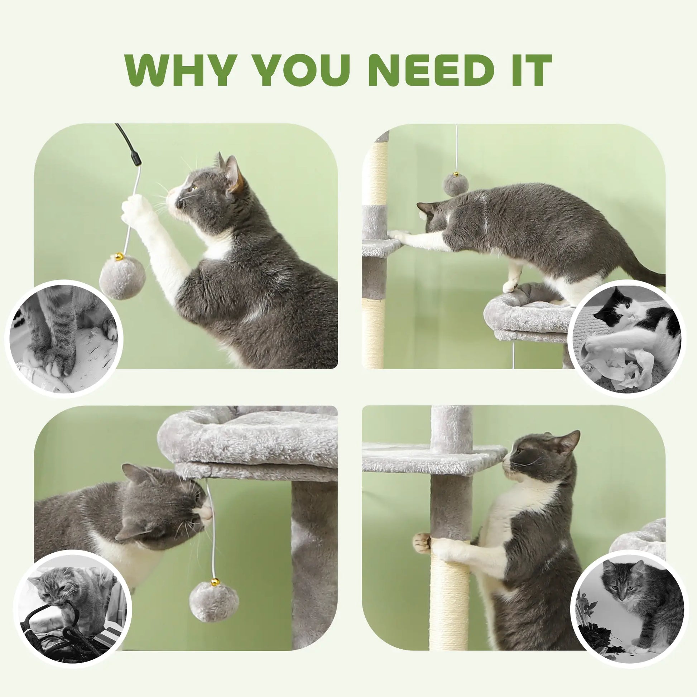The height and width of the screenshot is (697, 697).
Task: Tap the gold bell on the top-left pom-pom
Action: click(119, 257)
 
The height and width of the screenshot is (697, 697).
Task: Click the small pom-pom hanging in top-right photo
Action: click(456, 185)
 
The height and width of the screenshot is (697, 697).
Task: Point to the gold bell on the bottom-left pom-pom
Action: click(215, 582)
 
